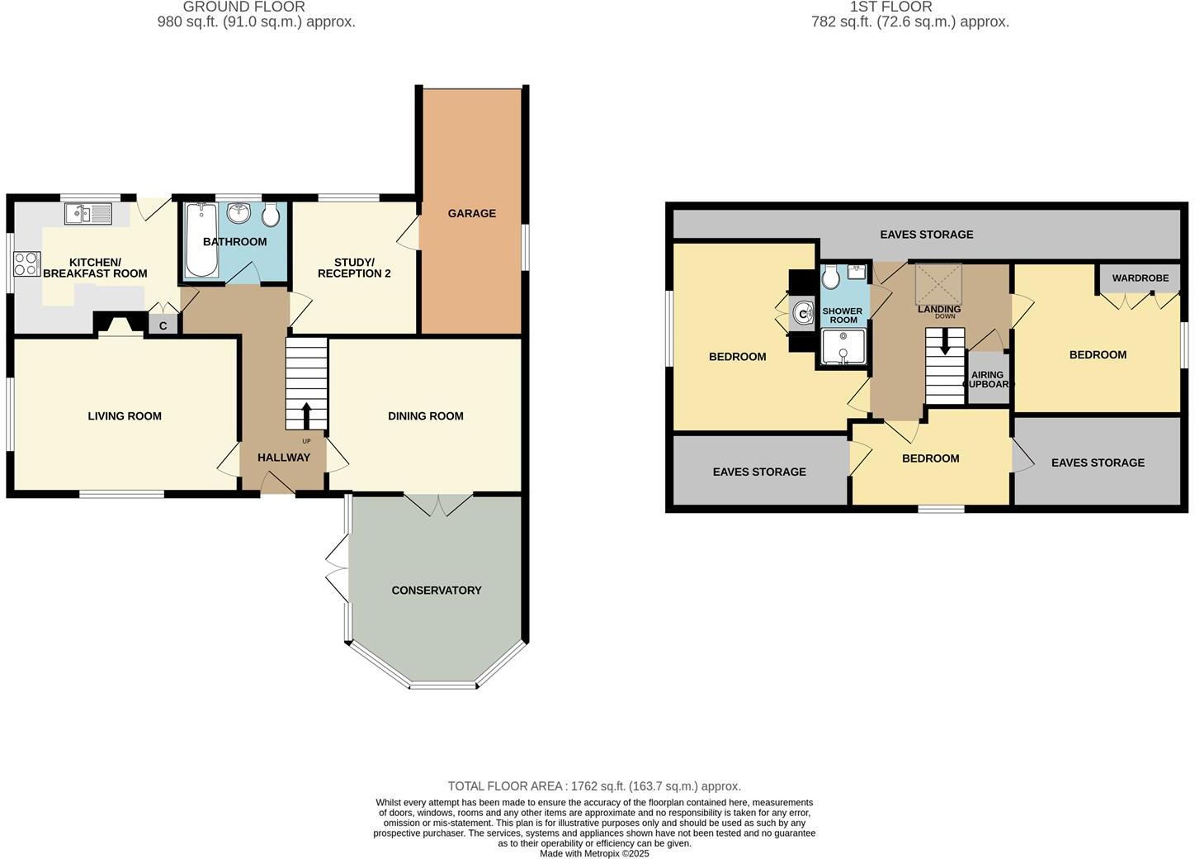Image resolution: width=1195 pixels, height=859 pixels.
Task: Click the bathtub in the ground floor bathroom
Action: coord(201,240)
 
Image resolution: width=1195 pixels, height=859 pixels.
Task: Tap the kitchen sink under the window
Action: coord(88,214)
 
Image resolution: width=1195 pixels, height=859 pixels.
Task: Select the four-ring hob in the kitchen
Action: coord(26,263)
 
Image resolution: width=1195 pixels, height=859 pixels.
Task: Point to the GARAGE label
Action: coord(472,213)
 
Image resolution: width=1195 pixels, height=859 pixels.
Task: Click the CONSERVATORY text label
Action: coord(437,591)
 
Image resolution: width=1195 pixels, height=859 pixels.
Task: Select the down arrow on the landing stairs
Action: coord(945,344)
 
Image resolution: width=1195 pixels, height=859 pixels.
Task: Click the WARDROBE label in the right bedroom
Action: coord(1140,278)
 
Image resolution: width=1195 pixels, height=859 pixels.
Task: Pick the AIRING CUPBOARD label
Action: coord(988,380)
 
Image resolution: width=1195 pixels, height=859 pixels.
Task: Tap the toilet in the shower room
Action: coord(831,277)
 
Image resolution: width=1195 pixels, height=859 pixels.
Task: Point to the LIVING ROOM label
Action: coord(125,416)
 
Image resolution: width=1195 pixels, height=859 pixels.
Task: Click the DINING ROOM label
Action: coord(426,416)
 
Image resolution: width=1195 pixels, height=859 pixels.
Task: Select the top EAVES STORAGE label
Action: coord(926,235)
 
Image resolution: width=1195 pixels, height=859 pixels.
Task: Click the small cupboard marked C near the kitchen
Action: coord(163,325)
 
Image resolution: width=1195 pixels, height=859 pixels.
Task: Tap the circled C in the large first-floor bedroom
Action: coord(802,314)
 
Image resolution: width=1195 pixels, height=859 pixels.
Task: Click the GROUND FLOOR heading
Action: coord(243,7)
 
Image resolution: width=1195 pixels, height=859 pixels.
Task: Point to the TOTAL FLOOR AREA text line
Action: coord(594,786)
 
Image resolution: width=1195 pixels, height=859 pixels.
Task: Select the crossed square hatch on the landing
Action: coord(939,283)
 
